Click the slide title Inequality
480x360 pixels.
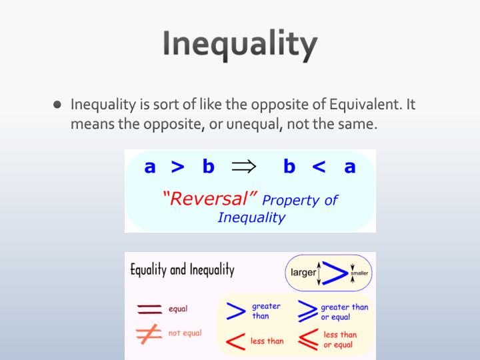[x=239, y=45]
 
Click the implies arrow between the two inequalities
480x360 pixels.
[x=244, y=167]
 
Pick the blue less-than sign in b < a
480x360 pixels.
[x=319, y=167]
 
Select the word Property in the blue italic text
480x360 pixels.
[x=292, y=200]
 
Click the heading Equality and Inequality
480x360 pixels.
[x=182, y=271]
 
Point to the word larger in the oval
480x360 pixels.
[x=303, y=273]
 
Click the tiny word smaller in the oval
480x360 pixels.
[x=361, y=273]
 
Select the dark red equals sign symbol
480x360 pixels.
[x=149, y=309]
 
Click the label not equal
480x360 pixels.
[x=185, y=333]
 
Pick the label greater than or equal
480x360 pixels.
[x=344, y=311]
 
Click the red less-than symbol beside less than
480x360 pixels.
[x=234, y=340]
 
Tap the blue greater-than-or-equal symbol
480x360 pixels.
[x=306, y=311]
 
